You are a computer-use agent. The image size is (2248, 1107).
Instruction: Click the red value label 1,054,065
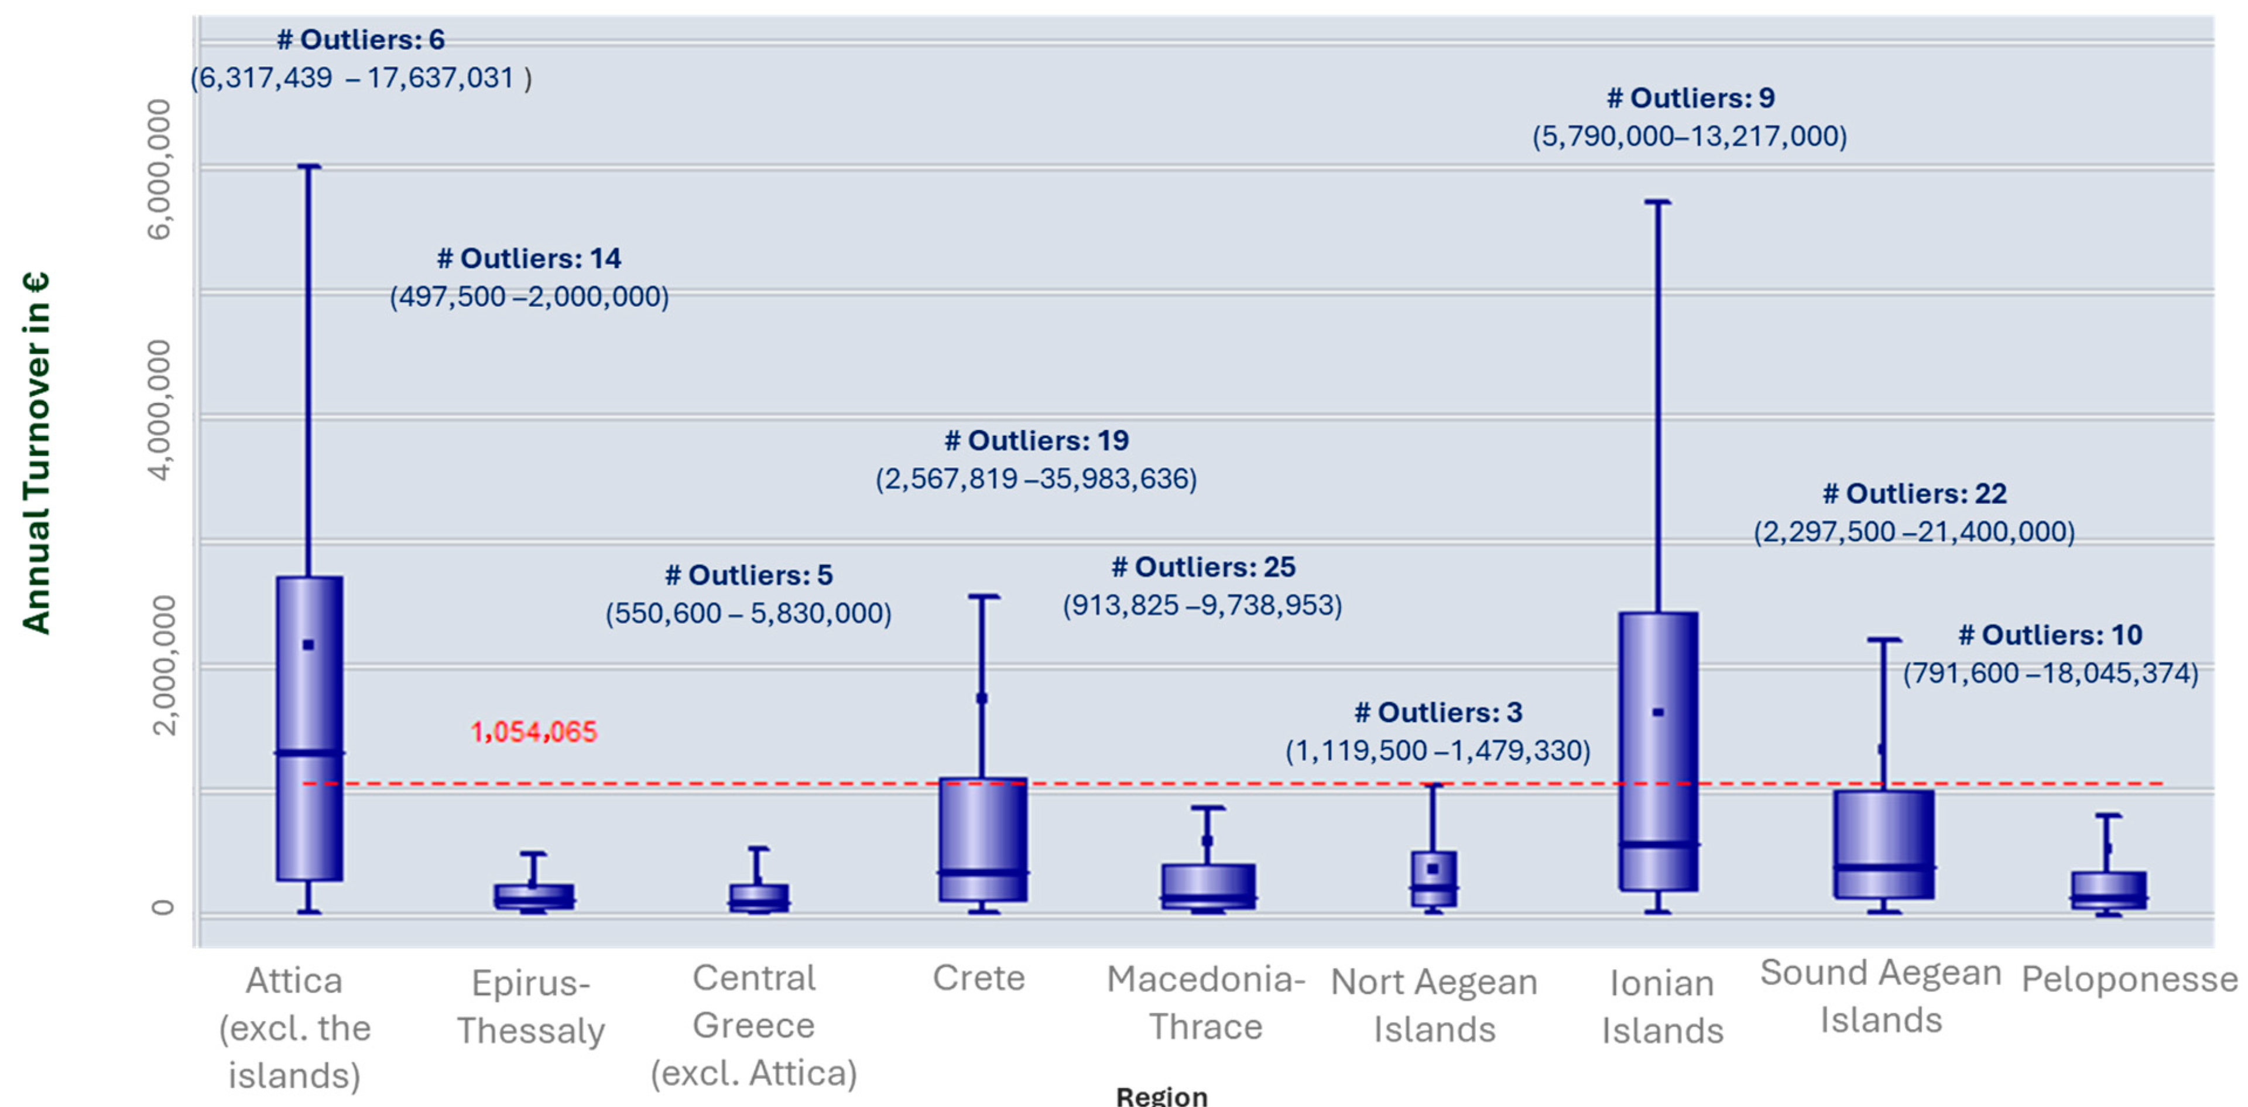[533, 732]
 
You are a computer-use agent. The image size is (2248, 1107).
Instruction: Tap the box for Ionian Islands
[1657, 751]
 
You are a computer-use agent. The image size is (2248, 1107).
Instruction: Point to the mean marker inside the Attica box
[308, 644]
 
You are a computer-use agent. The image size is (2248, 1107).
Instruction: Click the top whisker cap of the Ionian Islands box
[1657, 201]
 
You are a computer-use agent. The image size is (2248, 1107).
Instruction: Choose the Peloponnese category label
[2129, 979]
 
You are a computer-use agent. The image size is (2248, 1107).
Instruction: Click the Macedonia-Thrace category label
[1205, 1002]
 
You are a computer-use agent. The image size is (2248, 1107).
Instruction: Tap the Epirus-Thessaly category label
[530, 1007]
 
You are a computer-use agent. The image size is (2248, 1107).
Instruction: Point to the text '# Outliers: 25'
[1202, 568]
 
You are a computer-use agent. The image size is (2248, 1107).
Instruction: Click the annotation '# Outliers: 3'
[1437, 712]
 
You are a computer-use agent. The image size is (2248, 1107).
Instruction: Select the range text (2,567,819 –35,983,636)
[1036, 479]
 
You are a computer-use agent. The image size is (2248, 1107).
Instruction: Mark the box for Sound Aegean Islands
[1883, 843]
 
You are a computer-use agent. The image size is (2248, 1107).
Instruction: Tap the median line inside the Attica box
[309, 751]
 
